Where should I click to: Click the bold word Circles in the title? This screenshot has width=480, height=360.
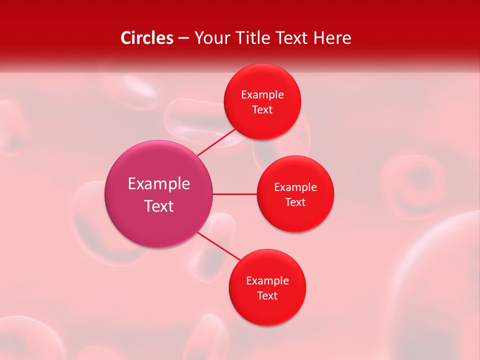[146, 38]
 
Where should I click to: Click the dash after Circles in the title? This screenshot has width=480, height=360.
[183, 38]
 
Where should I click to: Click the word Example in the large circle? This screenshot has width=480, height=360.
[159, 184]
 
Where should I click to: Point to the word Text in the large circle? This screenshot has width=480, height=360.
[159, 206]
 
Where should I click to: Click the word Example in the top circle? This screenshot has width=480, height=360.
[262, 95]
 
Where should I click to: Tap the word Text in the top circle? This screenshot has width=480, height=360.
[262, 110]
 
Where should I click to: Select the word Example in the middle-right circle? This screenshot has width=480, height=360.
[295, 187]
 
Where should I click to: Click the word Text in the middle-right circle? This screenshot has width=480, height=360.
[295, 202]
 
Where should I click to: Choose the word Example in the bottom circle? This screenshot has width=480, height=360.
[267, 281]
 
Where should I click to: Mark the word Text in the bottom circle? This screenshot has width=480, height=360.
[267, 296]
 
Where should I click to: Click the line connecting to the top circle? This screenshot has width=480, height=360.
[216, 142]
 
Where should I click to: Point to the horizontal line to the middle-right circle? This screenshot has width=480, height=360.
[235, 194]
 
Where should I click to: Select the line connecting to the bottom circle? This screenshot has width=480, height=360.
[219, 246]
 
